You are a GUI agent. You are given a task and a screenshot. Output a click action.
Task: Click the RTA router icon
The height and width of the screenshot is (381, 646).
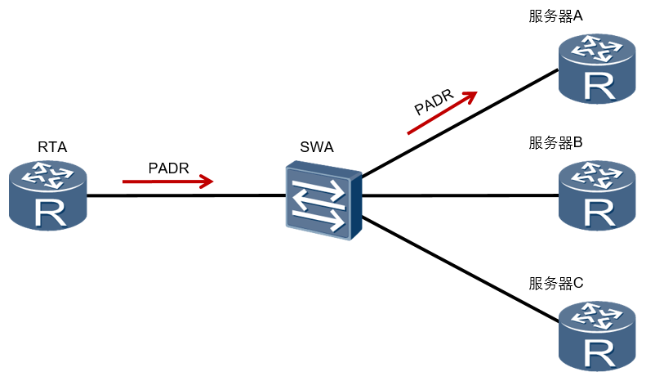pos(48,195)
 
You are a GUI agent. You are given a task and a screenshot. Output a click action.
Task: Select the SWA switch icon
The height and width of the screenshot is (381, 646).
pos(324,200)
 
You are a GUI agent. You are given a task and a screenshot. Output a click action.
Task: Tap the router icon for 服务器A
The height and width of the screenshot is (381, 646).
pos(597,69)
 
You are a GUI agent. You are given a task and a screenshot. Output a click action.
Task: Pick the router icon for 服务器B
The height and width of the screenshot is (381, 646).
pos(597,195)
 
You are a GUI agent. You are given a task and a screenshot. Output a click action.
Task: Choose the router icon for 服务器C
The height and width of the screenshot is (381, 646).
pos(597,336)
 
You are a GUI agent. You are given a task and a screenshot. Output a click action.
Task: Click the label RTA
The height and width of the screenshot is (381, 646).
pos(52,147)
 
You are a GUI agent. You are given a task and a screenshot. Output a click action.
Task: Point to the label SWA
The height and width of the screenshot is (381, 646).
pos(316,147)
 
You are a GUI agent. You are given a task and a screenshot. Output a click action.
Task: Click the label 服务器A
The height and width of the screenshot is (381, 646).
pos(556,16)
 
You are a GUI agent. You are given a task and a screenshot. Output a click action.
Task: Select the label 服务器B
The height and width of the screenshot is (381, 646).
pos(556,142)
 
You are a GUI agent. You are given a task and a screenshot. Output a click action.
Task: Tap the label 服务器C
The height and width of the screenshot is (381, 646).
pos(556,283)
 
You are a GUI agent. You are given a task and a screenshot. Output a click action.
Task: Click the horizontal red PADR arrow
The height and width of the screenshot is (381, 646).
pos(168,182)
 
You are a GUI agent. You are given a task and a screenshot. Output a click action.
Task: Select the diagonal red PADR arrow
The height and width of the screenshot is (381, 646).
pos(442,112)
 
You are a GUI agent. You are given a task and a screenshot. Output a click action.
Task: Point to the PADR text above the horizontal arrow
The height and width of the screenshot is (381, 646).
pos(168,168)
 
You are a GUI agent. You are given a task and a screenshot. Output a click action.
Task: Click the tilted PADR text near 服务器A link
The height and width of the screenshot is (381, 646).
pos(434,101)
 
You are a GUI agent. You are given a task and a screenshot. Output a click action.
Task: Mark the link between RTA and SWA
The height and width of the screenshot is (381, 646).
pos(186,195)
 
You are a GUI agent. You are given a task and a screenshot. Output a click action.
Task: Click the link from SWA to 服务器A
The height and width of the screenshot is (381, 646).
pos(460,123)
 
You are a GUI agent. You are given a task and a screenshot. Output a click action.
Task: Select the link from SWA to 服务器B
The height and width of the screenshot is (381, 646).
pos(460,195)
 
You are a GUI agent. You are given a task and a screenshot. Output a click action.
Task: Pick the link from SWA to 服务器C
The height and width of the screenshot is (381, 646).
pos(460,268)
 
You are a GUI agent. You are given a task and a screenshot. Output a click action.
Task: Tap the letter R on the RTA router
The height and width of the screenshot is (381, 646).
pos(51,213)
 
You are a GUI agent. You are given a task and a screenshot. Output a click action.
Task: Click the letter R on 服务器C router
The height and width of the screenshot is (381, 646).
pos(599,353)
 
